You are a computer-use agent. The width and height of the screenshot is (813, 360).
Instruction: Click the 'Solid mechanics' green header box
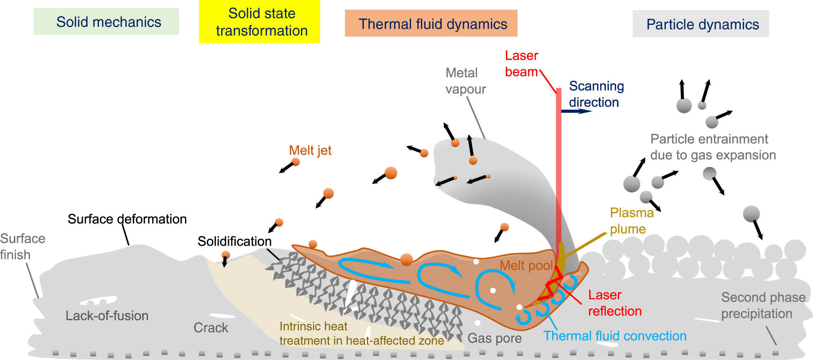[106, 22]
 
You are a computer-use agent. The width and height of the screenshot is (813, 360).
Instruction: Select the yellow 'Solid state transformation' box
[259, 22]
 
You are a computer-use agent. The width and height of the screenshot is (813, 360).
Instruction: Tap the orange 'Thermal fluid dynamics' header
[431, 24]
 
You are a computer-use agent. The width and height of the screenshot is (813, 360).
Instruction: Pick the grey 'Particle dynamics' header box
[701, 24]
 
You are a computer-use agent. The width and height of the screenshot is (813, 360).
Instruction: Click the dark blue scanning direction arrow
[576, 111]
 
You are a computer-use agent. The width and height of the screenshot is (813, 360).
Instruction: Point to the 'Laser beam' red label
[521, 64]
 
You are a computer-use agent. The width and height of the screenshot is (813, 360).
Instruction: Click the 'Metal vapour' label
[465, 81]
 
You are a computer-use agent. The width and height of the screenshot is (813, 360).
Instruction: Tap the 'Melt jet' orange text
[310, 150]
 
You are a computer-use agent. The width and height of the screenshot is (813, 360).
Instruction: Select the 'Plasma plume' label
[631, 221]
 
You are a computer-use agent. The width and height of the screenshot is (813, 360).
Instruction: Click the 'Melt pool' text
[526, 265]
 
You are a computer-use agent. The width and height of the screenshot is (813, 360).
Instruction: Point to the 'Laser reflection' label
[614, 303]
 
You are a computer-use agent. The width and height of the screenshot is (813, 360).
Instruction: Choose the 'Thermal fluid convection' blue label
[614, 336]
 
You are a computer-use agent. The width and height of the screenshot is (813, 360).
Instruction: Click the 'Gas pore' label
[494, 338]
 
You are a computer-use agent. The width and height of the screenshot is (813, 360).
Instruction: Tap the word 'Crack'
[210, 328]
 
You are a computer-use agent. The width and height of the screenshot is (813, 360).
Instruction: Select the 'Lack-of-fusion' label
[107, 316]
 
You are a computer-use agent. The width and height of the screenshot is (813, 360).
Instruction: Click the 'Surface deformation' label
[127, 219]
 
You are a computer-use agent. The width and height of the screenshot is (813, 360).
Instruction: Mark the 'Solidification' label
[234, 241]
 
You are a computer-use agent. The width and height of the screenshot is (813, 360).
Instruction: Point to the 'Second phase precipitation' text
[762, 305]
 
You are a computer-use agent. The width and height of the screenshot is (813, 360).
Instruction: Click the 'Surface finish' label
[22, 247]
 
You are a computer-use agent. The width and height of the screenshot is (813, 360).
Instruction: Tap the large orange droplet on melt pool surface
[406, 260]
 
